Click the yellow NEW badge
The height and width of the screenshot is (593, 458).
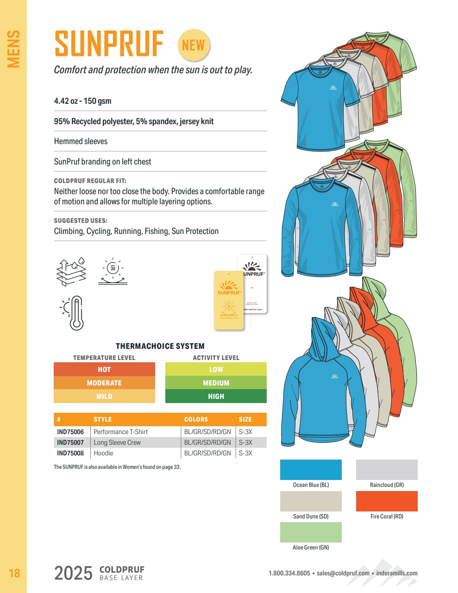(x=194, y=45)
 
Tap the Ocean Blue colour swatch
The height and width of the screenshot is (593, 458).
(x=311, y=470)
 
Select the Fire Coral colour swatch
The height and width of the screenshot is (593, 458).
(x=387, y=501)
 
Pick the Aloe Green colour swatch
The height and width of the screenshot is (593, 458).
(x=311, y=532)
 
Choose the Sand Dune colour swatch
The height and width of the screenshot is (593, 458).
(x=311, y=501)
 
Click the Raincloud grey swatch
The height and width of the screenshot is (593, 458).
(x=387, y=470)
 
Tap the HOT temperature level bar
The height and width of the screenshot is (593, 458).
(x=104, y=369)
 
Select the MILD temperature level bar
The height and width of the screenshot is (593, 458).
(x=104, y=396)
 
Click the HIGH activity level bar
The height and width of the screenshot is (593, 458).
(x=216, y=396)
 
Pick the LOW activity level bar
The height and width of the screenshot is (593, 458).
(x=216, y=369)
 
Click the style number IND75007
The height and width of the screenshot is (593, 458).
(x=70, y=442)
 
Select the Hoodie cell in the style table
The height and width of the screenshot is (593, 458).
(x=103, y=453)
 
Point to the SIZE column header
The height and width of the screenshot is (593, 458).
(x=245, y=419)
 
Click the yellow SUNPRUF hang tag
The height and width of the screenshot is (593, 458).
(x=229, y=300)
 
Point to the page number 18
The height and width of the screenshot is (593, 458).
(x=14, y=574)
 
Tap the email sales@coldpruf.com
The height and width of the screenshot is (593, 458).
(x=343, y=573)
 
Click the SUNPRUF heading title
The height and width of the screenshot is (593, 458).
(x=109, y=44)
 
